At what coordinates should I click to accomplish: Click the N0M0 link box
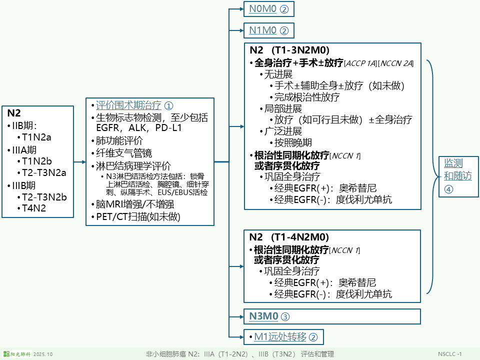click(x=268, y=9)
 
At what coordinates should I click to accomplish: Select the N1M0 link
click(x=268, y=30)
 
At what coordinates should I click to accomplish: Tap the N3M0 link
click(x=269, y=316)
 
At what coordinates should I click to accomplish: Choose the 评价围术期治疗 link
click(x=128, y=105)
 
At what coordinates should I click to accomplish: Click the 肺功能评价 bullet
click(x=119, y=140)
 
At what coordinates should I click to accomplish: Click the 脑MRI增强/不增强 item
click(x=134, y=204)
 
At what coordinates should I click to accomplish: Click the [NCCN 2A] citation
click(x=396, y=63)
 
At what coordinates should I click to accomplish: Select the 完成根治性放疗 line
click(x=307, y=97)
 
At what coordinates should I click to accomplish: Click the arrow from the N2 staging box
click(x=78, y=162)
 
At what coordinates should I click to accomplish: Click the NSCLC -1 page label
click(x=449, y=354)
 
